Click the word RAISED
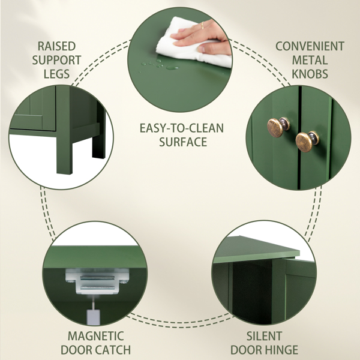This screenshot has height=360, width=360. pos(56,46)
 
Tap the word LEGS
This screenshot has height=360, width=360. pos(57,74)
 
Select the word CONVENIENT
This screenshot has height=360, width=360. pos(310,46)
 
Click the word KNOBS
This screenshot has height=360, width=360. pos(310,74)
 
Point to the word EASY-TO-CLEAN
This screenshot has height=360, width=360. pos(182,128)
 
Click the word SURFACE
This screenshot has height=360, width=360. pos(183,142)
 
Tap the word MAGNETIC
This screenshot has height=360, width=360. pos(96,336)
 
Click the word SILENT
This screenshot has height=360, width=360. pos(264,336)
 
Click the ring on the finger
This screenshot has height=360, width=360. pos(202,25)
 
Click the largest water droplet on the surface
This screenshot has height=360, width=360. pos(172,67)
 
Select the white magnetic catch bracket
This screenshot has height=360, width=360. pos(97,281)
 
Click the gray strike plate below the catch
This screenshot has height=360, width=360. pos(93,317)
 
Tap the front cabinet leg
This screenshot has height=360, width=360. pos(64,131)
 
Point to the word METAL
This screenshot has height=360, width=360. pos(310,60)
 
